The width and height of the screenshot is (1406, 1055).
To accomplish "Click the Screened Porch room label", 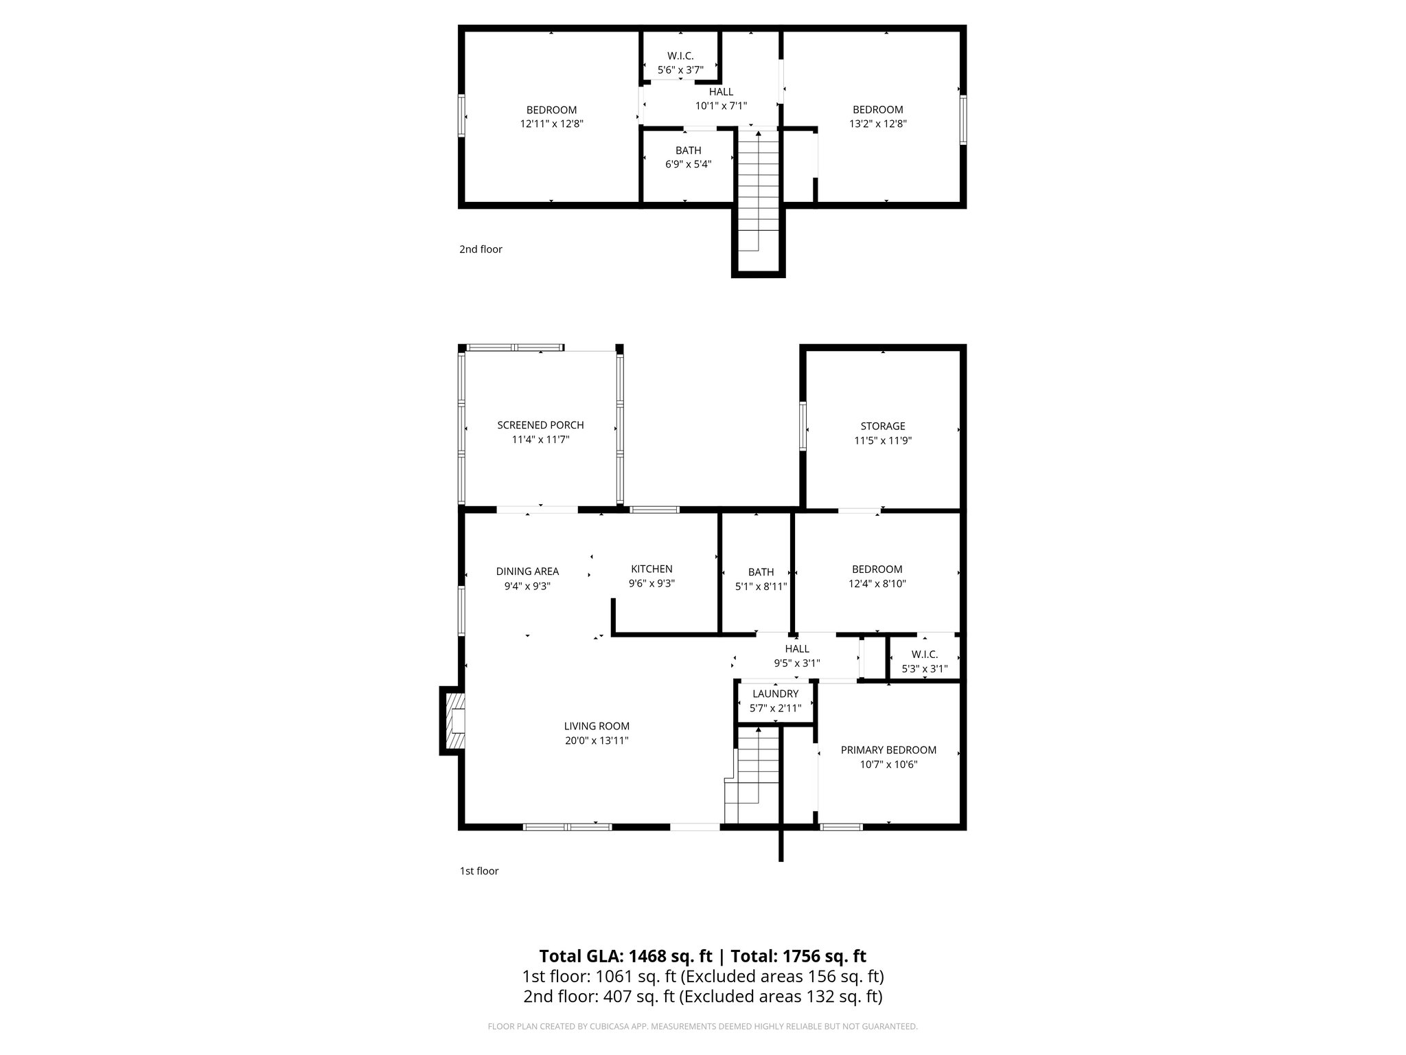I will click(540, 425).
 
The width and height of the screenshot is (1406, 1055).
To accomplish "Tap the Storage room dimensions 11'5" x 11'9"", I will click(882, 441).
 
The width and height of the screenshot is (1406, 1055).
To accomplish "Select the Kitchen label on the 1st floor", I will click(652, 569).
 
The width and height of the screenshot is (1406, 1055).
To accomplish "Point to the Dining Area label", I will click(527, 571).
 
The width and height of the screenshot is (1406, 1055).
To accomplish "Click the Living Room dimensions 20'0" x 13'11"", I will click(596, 740).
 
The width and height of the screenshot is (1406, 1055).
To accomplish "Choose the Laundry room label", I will click(775, 694).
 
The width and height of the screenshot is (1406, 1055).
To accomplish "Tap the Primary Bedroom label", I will click(888, 750).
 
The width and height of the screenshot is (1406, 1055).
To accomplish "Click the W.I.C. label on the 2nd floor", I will click(680, 56).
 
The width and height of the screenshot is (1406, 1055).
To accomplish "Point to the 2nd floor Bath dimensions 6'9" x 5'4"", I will click(688, 165).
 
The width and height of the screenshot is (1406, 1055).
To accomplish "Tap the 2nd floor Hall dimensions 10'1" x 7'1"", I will click(721, 106).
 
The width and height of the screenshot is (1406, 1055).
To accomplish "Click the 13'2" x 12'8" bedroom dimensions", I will click(877, 124).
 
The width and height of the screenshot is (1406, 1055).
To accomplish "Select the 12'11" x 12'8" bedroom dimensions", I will click(551, 124).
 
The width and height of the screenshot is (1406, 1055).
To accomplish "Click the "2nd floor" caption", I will click(481, 249).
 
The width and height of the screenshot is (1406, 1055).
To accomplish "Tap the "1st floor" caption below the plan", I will click(479, 871).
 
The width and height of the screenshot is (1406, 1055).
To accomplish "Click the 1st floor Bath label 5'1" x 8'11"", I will click(761, 572).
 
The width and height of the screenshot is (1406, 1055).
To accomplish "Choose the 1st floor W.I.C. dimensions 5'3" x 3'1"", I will click(924, 668).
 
